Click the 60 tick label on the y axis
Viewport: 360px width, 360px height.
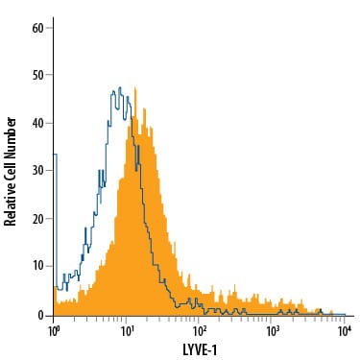pos(37,28)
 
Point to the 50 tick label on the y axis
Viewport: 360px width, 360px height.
pos(37,76)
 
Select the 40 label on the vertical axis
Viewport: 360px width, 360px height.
pos(37,123)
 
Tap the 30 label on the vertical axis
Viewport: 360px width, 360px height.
pos(37,171)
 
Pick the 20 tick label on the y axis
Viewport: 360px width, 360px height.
pos(37,219)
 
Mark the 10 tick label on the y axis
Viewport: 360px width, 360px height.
pos(37,267)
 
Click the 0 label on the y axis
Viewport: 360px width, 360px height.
pos(41,316)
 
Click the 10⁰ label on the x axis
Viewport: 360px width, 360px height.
pos(54,331)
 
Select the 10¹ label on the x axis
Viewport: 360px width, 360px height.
pos(127,331)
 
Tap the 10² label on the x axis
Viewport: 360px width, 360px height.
pos(200,331)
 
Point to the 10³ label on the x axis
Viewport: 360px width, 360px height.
pos(272,331)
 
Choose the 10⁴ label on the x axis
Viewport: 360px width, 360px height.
pos(345,331)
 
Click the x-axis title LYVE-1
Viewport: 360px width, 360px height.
pos(200,349)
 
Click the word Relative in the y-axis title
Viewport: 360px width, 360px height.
pos(10,204)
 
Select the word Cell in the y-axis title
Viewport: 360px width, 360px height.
pos(10,169)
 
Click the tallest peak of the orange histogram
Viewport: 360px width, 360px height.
pos(135,87)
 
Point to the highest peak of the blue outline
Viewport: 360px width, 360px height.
pos(120,87)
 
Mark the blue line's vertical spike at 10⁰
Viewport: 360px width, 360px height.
pos(57,221)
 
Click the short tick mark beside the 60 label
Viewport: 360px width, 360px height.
pos(49,28)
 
